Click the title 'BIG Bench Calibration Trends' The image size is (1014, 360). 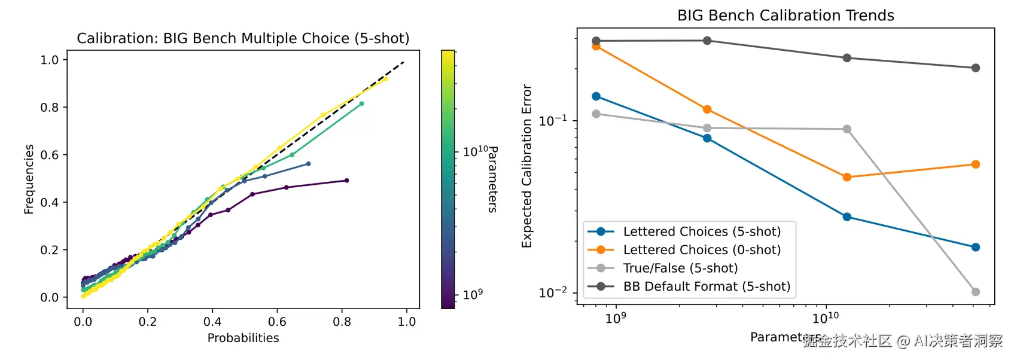point(785,16)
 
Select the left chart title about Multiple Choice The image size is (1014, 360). point(243,38)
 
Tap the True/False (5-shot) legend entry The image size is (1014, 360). point(663,268)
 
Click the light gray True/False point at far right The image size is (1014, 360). point(976,292)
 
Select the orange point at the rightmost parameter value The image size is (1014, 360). point(976,164)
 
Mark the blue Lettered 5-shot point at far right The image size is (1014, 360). point(976,247)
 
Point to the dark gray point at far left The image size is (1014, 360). point(596,41)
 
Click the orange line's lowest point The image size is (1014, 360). point(847,177)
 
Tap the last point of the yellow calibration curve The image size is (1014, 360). point(386,79)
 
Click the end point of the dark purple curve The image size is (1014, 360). point(347,181)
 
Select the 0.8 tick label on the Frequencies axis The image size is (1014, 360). point(50,107)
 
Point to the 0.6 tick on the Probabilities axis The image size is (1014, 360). point(277,322)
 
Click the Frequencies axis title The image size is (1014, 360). point(29,179)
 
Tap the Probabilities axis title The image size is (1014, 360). point(243,338)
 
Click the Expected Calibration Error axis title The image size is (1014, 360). point(526,166)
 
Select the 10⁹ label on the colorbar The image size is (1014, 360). point(473,294)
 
